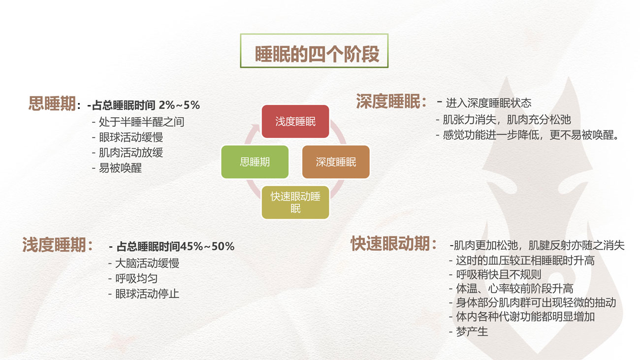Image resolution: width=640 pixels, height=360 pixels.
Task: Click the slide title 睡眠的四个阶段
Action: (317, 54)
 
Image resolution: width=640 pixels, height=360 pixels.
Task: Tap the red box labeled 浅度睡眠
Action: (295, 122)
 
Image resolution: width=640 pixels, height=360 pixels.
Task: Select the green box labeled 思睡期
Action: (255, 162)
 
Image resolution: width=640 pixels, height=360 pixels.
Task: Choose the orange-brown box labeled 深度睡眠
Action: (336, 162)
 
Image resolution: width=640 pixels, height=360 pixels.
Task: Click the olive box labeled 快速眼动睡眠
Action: (295, 202)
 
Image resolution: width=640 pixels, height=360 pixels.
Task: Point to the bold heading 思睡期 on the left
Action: (52, 103)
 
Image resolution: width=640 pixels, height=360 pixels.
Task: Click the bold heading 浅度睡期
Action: (54, 245)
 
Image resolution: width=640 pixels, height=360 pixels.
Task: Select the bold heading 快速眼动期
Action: (390, 243)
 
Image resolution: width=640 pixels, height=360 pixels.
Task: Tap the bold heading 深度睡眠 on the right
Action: (388, 101)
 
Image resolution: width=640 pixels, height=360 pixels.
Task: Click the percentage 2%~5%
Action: (179, 105)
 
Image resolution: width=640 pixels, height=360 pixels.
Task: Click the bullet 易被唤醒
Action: (120, 168)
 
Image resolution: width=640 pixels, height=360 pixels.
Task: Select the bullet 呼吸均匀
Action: (136, 278)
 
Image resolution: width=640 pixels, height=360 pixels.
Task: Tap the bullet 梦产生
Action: (472, 332)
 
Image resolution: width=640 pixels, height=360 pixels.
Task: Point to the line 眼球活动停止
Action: (147, 294)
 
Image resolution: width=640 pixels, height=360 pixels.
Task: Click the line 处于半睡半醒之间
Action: (141, 122)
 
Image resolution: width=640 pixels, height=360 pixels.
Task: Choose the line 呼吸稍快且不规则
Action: (499, 275)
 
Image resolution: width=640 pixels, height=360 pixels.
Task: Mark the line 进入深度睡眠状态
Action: (488, 103)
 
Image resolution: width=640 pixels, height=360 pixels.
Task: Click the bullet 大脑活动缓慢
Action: (147, 263)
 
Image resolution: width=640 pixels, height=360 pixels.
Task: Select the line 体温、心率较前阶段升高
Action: (514, 289)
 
